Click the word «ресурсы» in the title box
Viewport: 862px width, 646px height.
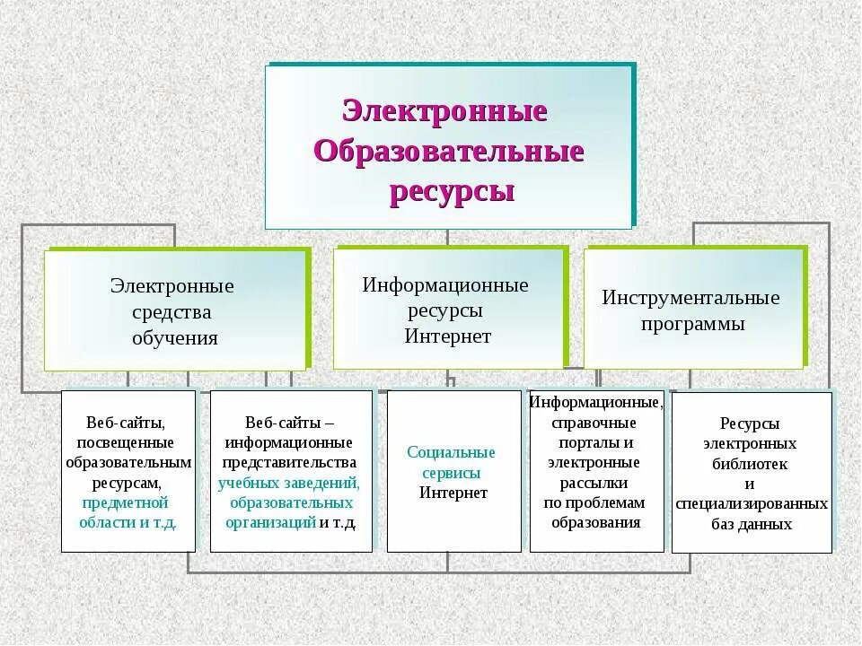pos(452,191)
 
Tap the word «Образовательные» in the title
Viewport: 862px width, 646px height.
pos(449,152)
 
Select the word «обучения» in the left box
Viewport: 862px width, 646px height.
pos(175,338)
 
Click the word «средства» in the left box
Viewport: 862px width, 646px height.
pos(172,312)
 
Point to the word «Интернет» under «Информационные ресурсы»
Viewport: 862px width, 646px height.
pos(447,336)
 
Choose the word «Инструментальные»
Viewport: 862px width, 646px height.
pos(690,298)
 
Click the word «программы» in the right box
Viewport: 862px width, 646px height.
pos(693,324)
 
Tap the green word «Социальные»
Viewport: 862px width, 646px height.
pos(451,452)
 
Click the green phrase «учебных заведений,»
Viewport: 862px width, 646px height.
pos(289,483)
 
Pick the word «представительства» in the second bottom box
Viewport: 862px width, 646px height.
pos(290,463)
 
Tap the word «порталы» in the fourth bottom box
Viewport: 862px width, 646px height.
pos(595,443)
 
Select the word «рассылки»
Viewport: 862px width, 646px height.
pos(595,483)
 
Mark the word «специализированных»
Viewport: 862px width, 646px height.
pos(752,504)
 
